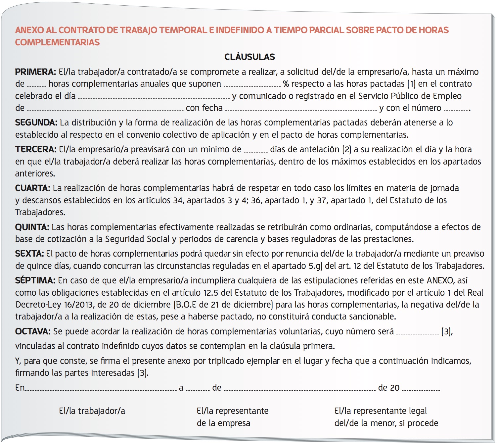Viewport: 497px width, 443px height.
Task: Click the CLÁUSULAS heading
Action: click(249, 57)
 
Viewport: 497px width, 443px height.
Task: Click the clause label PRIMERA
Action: click(35, 72)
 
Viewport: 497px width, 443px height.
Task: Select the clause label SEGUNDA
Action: click(36, 123)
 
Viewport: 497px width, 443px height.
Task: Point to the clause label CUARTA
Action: click(32, 188)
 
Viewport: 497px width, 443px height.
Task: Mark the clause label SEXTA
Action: click(29, 254)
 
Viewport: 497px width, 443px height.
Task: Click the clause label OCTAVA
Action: click(33, 331)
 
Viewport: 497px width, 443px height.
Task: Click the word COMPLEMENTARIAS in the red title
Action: click(57, 42)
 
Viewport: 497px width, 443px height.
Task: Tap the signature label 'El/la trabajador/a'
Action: click(92, 411)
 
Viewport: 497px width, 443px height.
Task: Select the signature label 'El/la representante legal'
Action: click(380, 411)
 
